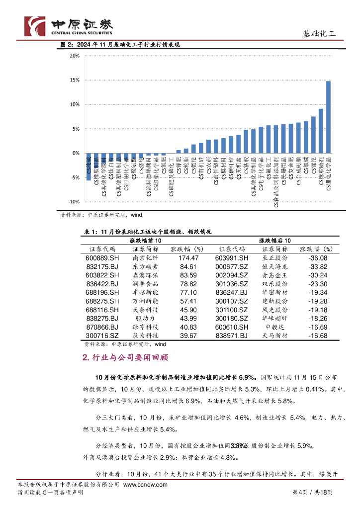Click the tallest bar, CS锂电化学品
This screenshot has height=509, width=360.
tap(328, 117)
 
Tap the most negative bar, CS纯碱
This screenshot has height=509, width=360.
tap(89, 166)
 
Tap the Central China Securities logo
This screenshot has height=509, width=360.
tap(69, 26)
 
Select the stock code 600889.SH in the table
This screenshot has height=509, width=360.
tap(102, 258)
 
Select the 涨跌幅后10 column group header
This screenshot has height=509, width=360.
tap(273, 240)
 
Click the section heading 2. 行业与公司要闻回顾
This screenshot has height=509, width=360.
tap(125, 357)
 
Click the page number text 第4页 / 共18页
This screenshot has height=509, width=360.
tap(312, 492)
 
